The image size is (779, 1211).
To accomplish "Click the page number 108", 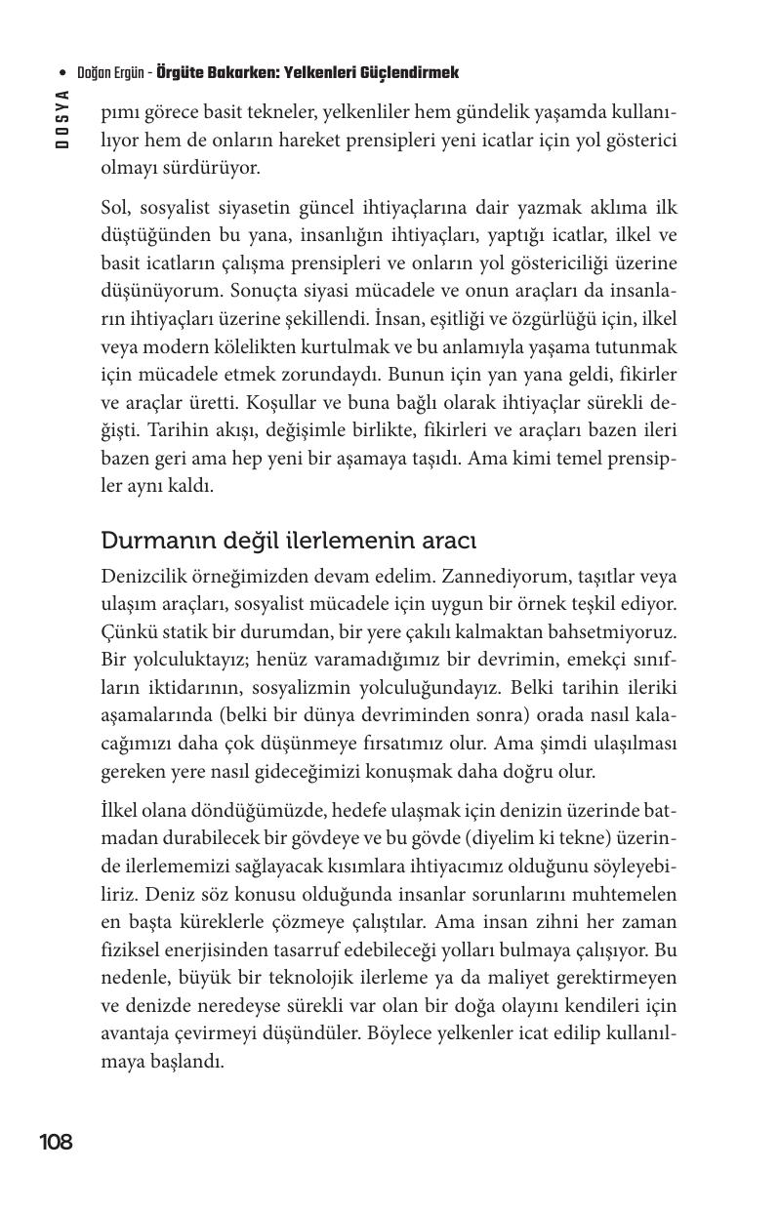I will pyautogui.click(x=56, y=1142).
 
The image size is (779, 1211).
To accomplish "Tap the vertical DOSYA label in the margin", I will pyautogui.click(x=61, y=119).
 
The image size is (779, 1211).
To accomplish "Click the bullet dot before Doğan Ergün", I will pyautogui.click(x=63, y=74).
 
